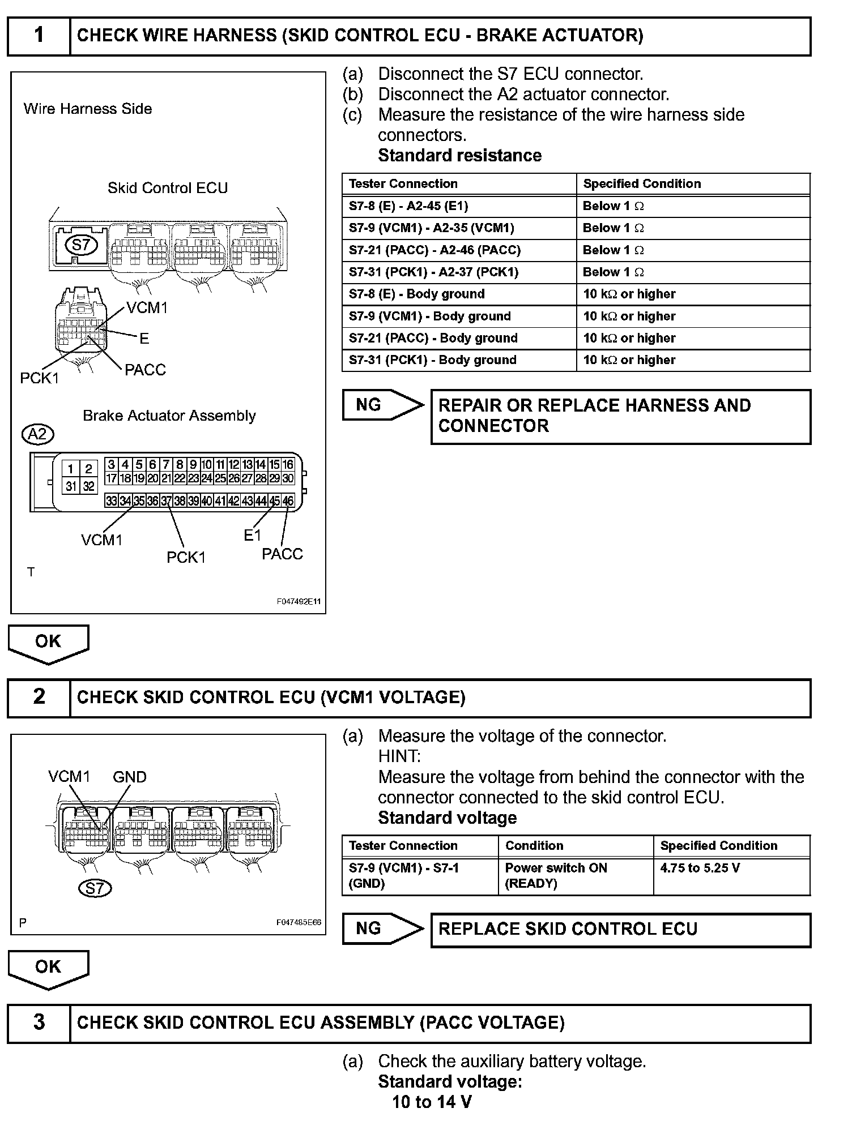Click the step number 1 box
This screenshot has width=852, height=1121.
click(39, 36)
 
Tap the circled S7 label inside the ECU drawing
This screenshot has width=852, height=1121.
click(81, 245)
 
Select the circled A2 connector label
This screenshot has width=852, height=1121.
click(37, 434)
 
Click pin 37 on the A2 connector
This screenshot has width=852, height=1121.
click(166, 501)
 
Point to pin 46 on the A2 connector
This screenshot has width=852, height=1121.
click(288, 501)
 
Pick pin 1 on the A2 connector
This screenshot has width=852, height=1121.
click(71, 469)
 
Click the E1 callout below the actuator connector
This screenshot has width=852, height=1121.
click(252, 535)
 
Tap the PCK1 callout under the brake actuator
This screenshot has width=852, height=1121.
click(186, 558)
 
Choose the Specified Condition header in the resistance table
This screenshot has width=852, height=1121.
click(642, 184)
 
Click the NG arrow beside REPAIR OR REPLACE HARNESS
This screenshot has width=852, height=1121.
click(382, 405)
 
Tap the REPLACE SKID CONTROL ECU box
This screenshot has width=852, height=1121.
click(620, 929)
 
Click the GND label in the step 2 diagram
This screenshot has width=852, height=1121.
click(130, 777)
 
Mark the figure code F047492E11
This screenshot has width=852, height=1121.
click(298, 601)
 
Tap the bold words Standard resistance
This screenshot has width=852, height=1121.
click(459, 156)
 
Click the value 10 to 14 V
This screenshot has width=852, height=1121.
click(432, 1102)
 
